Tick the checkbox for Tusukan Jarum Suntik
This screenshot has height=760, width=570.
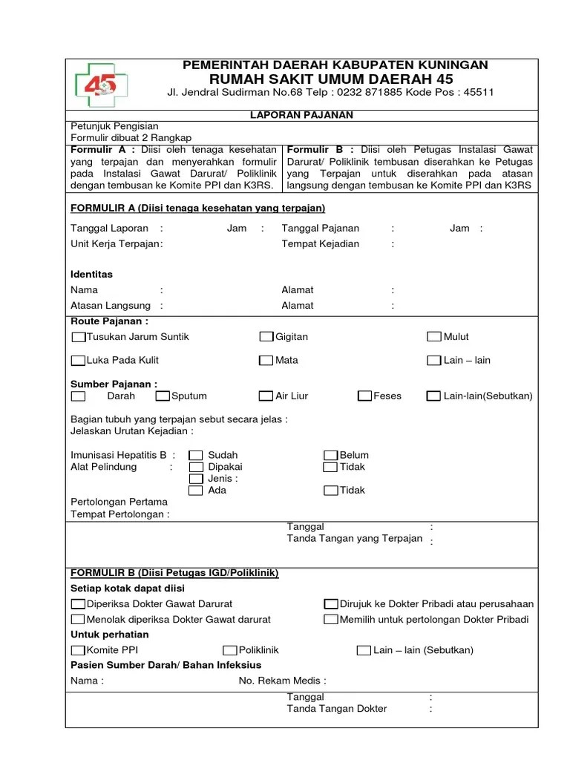[x=78, y=337]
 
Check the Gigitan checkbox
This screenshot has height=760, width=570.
[x=266, y=337]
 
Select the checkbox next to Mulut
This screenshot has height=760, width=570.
[x=434, y=337]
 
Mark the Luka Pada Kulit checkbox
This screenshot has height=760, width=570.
[x=78, y=361]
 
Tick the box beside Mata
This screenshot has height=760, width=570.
[x=266, y=361]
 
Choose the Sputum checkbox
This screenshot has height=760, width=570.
[x=163, y=396]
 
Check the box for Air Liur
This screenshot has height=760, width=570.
[x=266, y=396]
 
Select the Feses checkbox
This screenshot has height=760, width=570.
[x=364, y=396]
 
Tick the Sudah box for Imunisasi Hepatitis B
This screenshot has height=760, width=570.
[x=196, y=456]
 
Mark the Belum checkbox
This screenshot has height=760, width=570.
[x=331, y=456]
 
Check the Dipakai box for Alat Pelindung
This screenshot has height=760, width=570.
[x=196, y=468]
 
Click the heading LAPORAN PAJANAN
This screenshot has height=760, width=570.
[x=300, y=115]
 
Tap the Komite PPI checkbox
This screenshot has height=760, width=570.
[x=78, y=650]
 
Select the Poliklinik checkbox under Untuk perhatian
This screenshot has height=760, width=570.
[x=230, y=650]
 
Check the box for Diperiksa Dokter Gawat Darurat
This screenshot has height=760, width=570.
[x=78, y=604]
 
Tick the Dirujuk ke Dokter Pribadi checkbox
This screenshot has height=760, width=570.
[x=331, y=604]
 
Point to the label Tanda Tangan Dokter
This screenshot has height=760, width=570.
[x=337, y=709]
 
